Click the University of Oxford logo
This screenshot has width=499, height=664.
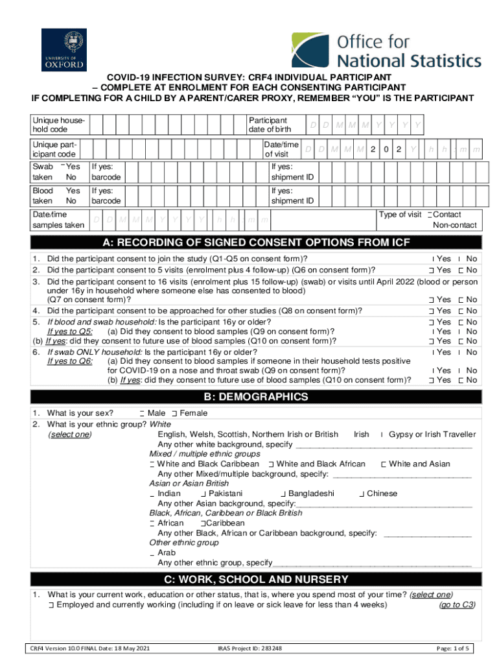click(63, 50)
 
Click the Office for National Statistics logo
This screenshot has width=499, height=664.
click(386, 51)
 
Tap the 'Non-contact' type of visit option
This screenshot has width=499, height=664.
click(454, 225)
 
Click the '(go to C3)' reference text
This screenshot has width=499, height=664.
click(457, 605)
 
